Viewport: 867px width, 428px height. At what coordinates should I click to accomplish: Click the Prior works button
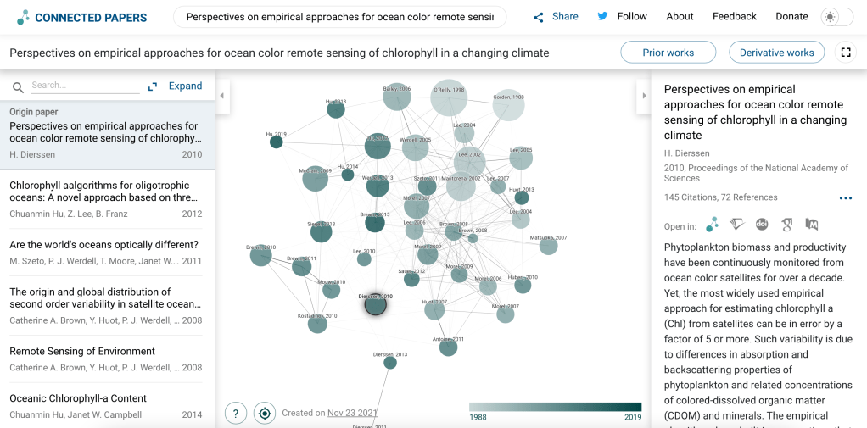click(x=668, y=53)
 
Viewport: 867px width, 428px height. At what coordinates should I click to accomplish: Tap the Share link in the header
click(x=556, y=16)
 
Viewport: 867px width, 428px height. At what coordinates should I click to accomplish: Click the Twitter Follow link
click(x=623, y=16)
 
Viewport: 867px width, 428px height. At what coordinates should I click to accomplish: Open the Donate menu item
click(x=791, y=16)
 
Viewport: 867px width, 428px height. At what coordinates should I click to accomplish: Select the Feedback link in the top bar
click(x=734, y=16)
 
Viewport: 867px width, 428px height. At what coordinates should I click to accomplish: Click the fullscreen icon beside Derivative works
click(x=845, y=53)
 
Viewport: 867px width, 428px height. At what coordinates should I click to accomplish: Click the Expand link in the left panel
click(x=176, y=86)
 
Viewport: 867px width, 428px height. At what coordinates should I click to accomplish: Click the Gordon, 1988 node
click(x=508, y=106)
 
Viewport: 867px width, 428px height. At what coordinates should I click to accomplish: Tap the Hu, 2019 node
click(x=276, y=142)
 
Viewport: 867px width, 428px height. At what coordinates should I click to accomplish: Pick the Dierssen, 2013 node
click(x=389, y=362)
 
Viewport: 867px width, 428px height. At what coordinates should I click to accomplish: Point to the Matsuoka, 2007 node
click(x=549, y=246)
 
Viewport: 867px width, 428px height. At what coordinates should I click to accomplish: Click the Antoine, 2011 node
click(x=448, y=346)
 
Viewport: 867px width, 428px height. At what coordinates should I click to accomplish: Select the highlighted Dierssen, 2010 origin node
click(x=375, y=304)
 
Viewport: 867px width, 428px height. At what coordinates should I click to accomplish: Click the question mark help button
click(x=235, y=413)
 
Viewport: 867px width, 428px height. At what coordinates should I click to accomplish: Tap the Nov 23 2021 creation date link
click(x=352, y=413)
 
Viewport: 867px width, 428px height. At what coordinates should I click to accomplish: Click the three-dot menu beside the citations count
click(x=845, y=198)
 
